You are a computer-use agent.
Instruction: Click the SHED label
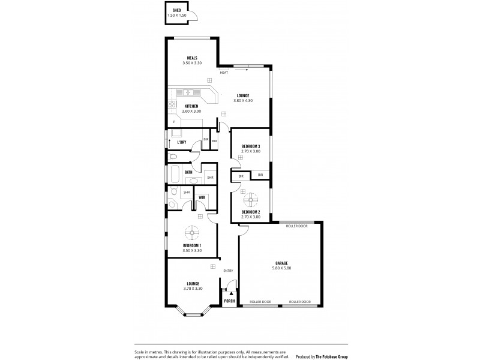tap(177, 10)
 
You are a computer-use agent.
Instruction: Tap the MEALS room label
tap(192, 58)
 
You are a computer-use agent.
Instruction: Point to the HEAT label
tap(224, 73)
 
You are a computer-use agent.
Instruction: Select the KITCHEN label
tap(191, 106)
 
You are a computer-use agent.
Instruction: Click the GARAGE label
tap(282, 263)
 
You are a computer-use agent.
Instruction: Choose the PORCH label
tap(229, 301)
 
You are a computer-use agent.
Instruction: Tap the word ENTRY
tap(228, 271)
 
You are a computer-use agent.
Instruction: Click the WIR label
tap(202, 197)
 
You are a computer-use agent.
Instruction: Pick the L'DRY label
tap(181, 142)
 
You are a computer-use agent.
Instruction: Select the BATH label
tap(188, 172)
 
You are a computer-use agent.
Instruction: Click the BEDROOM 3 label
tap(251, 146)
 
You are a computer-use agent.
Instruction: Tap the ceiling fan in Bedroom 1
tap(192, 233)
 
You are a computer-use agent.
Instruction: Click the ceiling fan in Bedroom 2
tap(251, 199)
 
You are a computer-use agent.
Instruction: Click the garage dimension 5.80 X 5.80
tap(282, 268)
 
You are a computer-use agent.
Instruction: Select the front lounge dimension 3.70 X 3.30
tap(193, 289)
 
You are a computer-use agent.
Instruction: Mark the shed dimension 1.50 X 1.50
tap(177, 15)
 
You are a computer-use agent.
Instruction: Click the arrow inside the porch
tap(229, 290)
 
